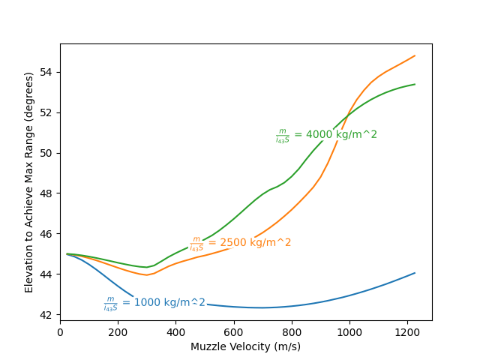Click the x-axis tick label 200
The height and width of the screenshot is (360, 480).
pyautogui.click(x=118, y=332)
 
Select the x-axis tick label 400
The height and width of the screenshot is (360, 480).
pyautogui.click(x=175, y=332)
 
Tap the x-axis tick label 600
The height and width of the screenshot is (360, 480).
pyautogui.click(x=234, y=332)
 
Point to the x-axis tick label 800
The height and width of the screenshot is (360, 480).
pyautogui.click(x=292, y=332)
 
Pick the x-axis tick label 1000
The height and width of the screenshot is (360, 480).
pyautogui.click(x=349, y=332)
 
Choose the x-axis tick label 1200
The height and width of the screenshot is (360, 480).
pyautogui.click(x=407, y=332)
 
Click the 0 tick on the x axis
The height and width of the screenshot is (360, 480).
pyautogui.click(x=60, y=332)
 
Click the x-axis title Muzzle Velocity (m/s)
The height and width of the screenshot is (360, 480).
pyautogui.click(x=246, y=346)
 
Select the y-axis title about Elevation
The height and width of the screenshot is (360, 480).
pyautogui.click(x=29, y=182)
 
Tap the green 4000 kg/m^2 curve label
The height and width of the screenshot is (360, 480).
pyautogui.click(x=326, y=135)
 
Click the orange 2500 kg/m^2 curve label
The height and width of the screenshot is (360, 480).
pyautogui.click(x=240, y=243)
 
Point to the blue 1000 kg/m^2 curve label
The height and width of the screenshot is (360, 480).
pyautogui.click(x=154, y=303)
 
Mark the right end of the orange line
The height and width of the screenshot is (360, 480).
pyautogui.click(x=415, y=55)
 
